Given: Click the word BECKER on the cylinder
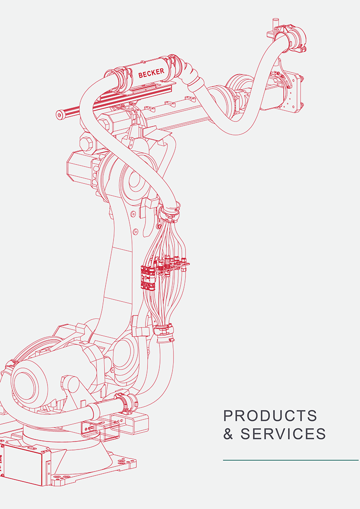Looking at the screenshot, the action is [151, 72].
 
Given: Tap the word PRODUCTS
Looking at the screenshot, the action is [270, 416].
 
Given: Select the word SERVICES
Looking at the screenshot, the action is [283, 433].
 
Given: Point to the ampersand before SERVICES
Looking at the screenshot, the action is [228, 434].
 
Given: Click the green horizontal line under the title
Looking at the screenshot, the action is [291, 460].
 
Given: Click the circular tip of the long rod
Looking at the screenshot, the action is [59, 114].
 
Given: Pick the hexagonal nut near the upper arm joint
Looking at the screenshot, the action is [86, 143].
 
